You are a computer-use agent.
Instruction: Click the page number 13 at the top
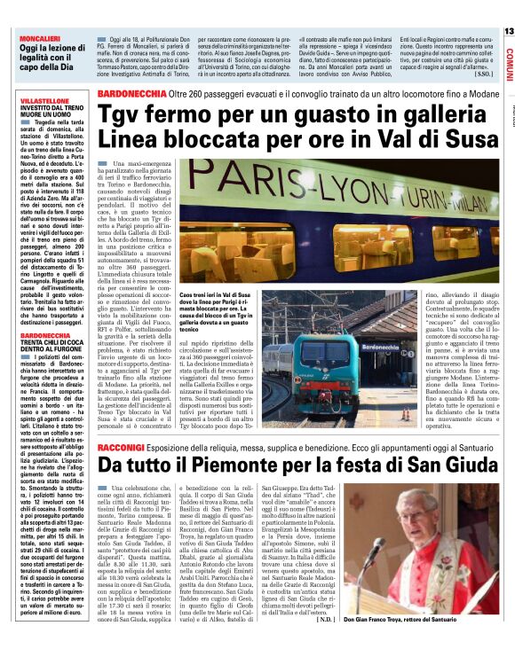tap(507, 31)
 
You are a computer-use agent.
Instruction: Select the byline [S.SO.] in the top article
tap(482, 74)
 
